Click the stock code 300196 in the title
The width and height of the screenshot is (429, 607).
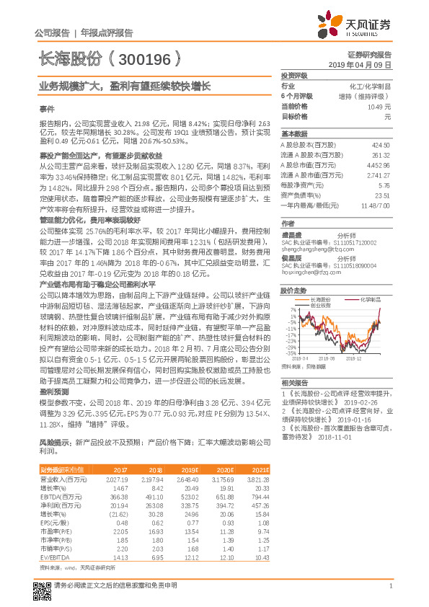coord(144,57)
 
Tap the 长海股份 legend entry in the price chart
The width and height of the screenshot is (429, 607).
coord(319,298)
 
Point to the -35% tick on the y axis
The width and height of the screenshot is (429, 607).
coord(286,353)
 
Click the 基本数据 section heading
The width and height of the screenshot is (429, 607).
coord(294,135)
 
